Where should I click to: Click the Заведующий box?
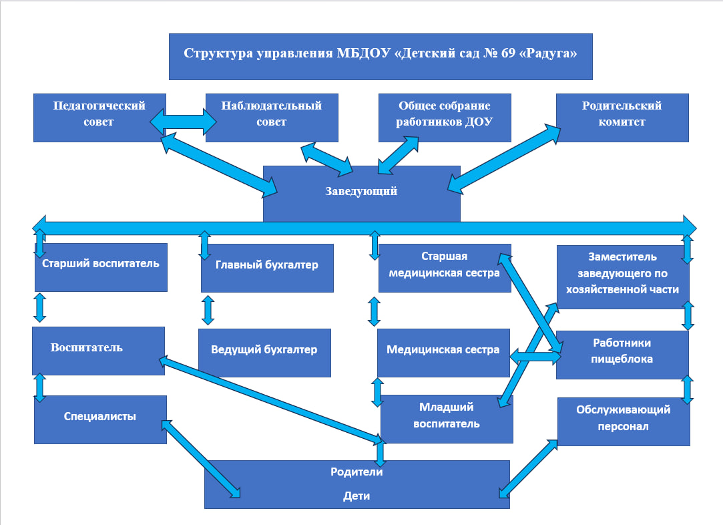(361, 192)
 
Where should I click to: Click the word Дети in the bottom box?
(356, 496)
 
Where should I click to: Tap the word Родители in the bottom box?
(356, 472)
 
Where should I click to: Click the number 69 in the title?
(505, 54)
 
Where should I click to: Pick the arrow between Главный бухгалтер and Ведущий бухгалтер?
(208, 311)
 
